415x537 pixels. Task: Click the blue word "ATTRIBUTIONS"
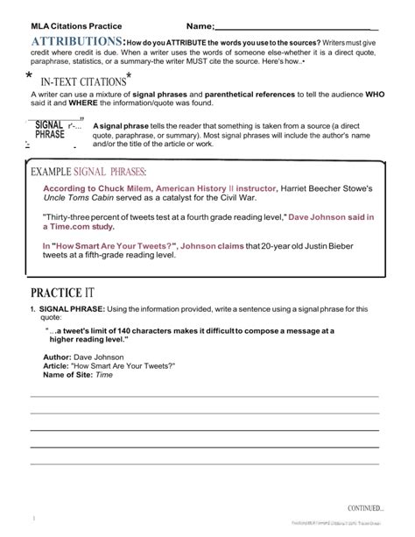coord(77,42)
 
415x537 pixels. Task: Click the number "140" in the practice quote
coord(130,330)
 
